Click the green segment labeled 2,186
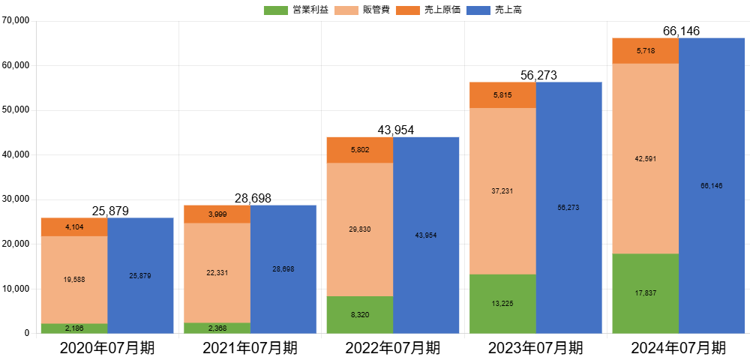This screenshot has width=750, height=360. pyautogui.click(x=74, y=328)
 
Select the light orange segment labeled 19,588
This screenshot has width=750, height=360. pyautogui.click(x=74, y=280)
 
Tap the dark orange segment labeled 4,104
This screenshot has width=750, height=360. pyautogui.click(x=74, y=227)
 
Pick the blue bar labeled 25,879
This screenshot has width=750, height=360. pyautogui.click(x=140, y=275)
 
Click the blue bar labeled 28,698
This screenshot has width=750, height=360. pyautogui.click(x=283, y=268)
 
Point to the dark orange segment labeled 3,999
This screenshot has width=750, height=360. pyautogui.click(x=217, y=214)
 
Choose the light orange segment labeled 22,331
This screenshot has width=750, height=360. pyautogui.click(x=217, y=272)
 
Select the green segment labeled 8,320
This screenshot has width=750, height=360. pyautogui.click(x=359, y=315)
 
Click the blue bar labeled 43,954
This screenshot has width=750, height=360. pyautogui.click(x=426, y=235)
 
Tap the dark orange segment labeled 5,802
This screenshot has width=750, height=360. pyautogui.click(x=359, y=150)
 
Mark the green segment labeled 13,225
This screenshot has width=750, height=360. pyautogui.click(x=502, y=304)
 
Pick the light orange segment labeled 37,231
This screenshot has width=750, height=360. pyautogui.click(x=502, y=191)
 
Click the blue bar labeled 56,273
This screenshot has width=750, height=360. pyautogui.click(x=569, y=207)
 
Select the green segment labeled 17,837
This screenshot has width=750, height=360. pyautogui.click(x=645, y=293)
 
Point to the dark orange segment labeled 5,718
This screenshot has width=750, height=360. pyautogui.click(x=645, y=50)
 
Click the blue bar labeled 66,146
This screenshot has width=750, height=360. pyautogui.click(x=712, y=185)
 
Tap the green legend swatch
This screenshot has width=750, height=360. pyautogui.click(x=276, y=10)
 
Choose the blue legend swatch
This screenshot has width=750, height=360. pyautogui.click(x=478, y=10)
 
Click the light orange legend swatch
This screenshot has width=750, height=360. pyautogui.click(x=346, y=10)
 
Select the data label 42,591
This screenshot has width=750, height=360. pyautogui.click(x=645, y=159)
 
